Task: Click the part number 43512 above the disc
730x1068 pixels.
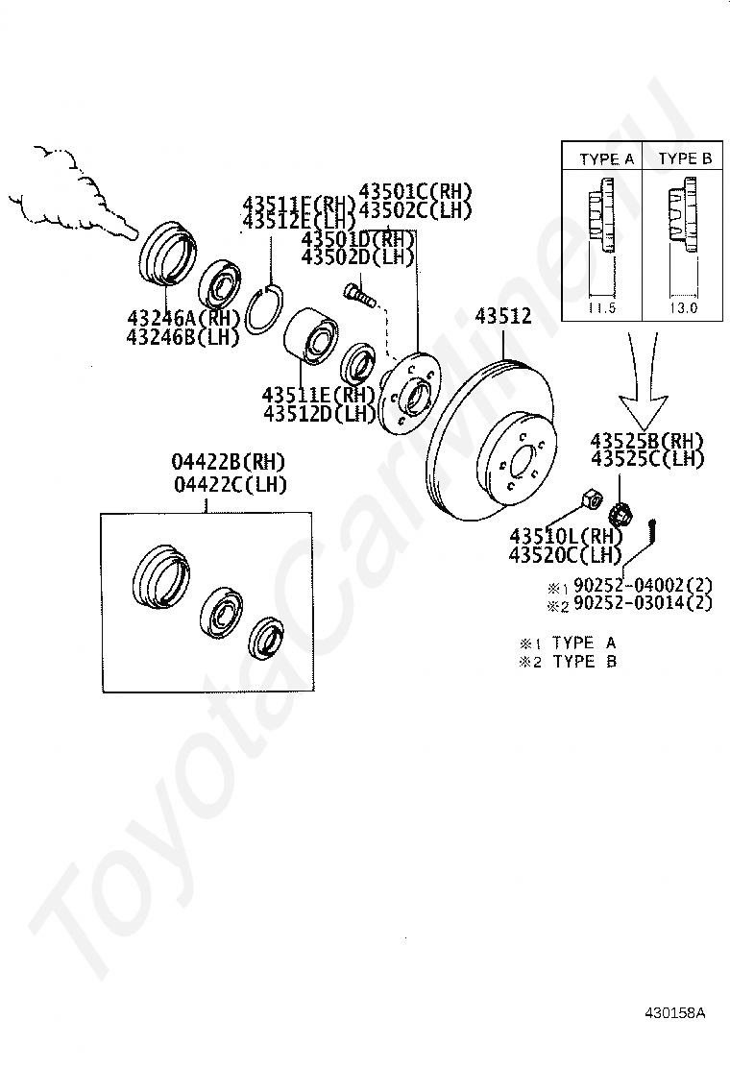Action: coord(503,316)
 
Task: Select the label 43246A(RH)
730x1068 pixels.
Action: coord(183,318)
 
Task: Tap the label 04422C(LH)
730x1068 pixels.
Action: coord(230,484)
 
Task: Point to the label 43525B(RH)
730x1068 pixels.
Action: coord(646,441)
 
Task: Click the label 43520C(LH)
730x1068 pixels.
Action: coord(566,554)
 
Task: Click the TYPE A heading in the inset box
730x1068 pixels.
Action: coord(606,159)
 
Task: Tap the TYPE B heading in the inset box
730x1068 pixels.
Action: coord(685,158)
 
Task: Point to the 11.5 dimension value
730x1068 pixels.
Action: coord(601,308)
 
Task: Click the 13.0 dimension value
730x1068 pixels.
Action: coord(683,308)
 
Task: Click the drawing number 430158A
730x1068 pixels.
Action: coord(674,1012)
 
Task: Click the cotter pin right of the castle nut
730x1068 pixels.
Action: coord(655,527)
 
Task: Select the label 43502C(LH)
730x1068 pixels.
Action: coord(416,208)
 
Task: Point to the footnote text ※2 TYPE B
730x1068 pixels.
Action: coord(568,661)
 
